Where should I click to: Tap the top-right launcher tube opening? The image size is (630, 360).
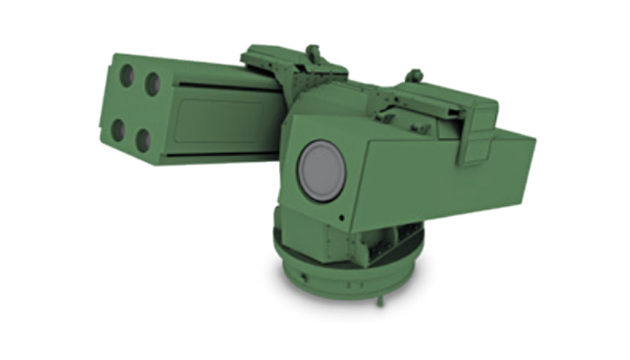tap(154, 84)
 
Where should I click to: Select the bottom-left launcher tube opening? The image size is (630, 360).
tap(118, 130)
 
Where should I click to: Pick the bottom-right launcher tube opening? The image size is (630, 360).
tap(143, 139)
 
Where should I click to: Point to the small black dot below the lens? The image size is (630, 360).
tap(342, 218)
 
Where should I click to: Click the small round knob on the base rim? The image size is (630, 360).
tap(307, 269)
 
